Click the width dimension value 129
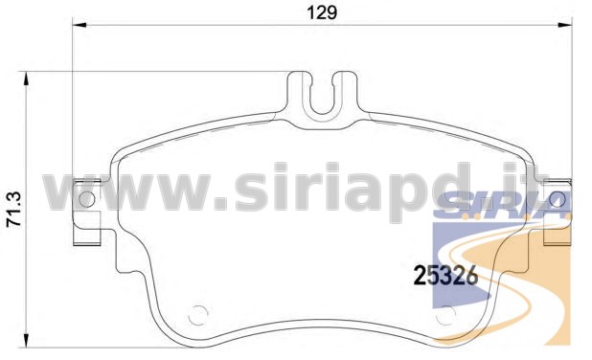322,12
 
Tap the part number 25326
445,275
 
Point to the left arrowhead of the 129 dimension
80,25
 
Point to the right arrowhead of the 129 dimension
565,25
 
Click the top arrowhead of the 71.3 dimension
26,79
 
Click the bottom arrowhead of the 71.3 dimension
26,340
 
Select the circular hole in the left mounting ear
87,199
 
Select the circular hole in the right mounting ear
558,199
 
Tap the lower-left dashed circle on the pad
198,315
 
